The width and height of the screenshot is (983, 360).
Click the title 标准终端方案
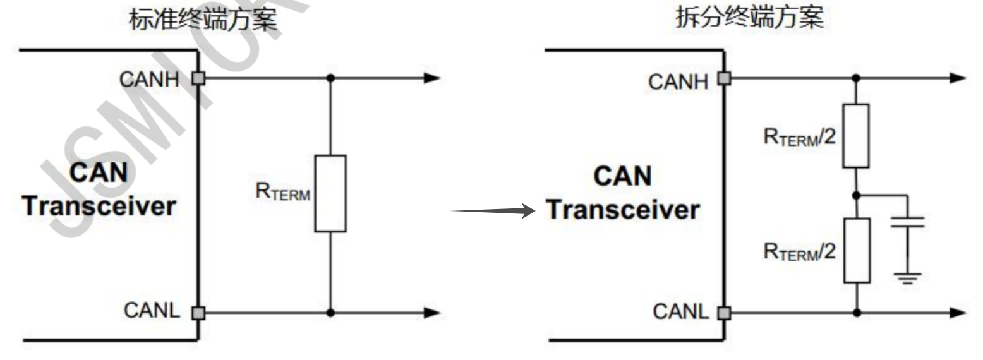coord(203,20)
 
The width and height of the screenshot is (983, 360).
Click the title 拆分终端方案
coord(749,18)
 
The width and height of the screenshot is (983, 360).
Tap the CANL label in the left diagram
coord(152,311)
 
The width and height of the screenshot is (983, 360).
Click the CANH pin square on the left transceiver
coord(199,78)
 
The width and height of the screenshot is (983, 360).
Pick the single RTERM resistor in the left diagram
coord(330,193)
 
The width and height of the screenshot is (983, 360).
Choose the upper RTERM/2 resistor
coord(856,136)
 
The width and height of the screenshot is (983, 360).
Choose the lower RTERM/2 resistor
coord(856,250)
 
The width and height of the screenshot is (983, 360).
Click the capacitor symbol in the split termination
coord(907,222)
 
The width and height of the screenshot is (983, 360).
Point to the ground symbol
coord(907,277)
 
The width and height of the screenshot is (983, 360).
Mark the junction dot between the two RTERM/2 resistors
coord(856,195)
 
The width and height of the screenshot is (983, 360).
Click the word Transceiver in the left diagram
coord(99,206)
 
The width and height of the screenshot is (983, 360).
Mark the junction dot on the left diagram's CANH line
coord(330,78)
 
